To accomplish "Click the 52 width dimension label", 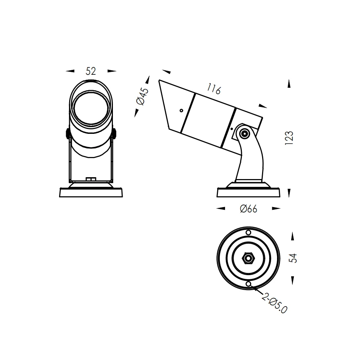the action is click(91, 71).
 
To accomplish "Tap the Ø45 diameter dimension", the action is click(142, 96).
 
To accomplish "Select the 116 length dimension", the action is click(214, 89).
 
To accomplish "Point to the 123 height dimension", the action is click(289, 138).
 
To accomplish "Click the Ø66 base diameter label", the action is click(249, 209).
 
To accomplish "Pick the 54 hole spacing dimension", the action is click(293, 258).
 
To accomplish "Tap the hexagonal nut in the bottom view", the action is click(248, 258).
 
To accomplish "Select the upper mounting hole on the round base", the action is click(248, 233).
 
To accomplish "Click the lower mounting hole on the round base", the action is click(248, 284).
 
